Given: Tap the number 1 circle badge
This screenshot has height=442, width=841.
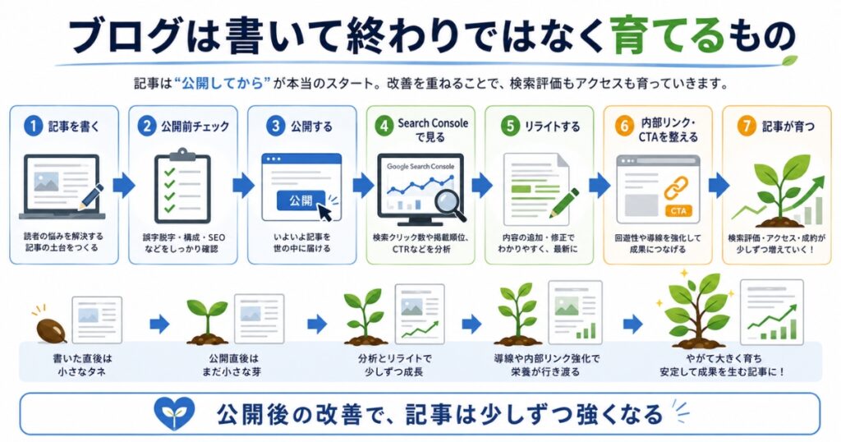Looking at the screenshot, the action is [x=33, y=126].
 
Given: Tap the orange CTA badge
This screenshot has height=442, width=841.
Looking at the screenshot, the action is [x=678, y=211].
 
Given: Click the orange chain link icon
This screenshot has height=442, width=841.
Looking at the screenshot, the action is [x=677, y=188].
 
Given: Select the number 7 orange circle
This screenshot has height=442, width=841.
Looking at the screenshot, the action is [x=746, y=126].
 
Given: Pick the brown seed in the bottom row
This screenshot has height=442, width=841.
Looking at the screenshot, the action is [x=51, y=330].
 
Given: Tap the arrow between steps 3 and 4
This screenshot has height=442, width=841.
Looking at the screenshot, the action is [x=363, y=186].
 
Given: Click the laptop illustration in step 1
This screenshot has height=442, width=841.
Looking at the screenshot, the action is [x=62, y=187].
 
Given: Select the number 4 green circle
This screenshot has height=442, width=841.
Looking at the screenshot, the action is [x=384, y=127].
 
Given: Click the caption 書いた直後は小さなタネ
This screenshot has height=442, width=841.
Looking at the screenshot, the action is [x=81, y=365].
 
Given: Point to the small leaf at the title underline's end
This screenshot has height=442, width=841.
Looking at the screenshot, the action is [x=788, y=60].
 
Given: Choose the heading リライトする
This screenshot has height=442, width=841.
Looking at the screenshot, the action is [x=552, y=127].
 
